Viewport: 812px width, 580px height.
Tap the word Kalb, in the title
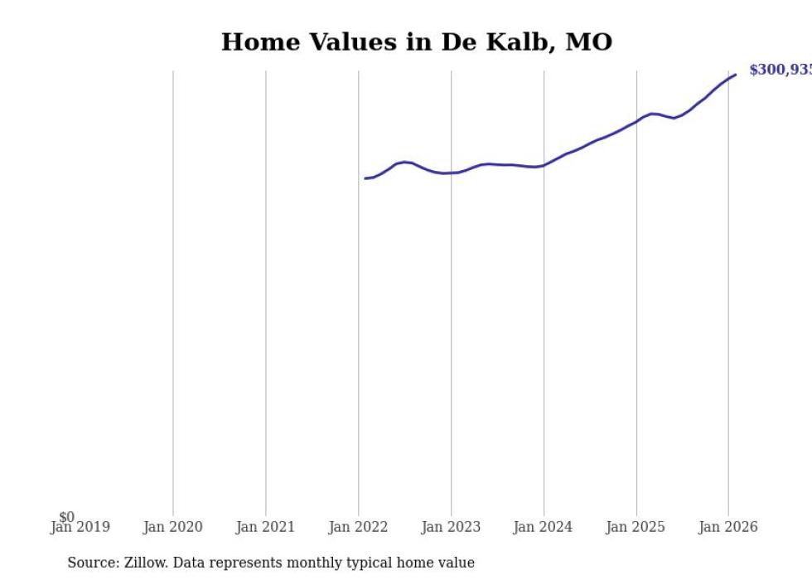pos(524,42)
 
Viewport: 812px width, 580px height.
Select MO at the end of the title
pos(588,42)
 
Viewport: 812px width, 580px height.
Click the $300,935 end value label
pos(780,71)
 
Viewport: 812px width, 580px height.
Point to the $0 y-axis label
pos(66,518)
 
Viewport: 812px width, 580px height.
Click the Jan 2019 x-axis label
pos(80,527)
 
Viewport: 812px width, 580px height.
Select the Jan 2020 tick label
pos(172,527)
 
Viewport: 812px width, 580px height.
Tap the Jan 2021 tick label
pos(265,527)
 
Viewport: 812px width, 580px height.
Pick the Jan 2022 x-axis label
pos(358,527)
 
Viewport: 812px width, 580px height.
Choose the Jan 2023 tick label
pos(451,527)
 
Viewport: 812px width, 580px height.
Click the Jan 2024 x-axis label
pos(543,527)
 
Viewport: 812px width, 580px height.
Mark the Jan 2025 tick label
pos(636,527)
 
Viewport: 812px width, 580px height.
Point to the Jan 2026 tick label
pos(728,527)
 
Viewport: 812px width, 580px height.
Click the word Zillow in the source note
pos(144,563)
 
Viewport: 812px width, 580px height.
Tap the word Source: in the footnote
pos(94,563)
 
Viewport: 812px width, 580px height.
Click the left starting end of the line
pos(365,178)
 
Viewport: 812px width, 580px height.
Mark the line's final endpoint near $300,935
pos(735,76)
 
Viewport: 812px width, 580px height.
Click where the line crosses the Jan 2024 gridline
pos(544,165)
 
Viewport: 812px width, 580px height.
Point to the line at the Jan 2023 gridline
pos(452,173)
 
